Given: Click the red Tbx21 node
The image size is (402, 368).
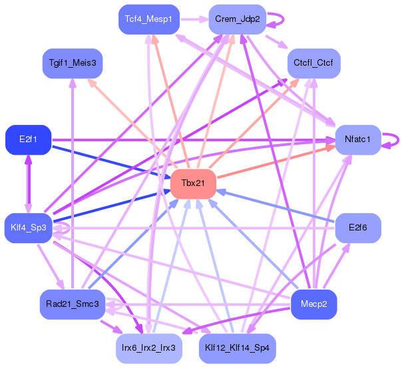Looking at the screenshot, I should point(193,183).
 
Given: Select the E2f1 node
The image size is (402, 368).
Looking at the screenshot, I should point(28,139).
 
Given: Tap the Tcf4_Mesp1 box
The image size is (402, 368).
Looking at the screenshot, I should point(148,19).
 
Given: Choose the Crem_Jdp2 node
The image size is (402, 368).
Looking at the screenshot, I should point(236,19).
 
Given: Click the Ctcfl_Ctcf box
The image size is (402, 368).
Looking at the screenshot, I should point(314,63).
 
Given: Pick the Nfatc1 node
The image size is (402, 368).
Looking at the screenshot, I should point(358,139).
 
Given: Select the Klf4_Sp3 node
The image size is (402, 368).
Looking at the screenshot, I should point(28,228).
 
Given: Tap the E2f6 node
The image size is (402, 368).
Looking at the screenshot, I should point(358,228).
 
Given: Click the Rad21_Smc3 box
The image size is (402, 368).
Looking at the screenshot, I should point(72,304).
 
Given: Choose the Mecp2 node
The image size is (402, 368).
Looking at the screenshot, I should point(314,304).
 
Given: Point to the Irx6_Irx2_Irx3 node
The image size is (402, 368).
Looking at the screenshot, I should point(148,347).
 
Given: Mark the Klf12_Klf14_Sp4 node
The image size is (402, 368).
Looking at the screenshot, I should point(236,347).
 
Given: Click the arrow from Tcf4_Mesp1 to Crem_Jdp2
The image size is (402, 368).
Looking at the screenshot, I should point(190,19).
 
